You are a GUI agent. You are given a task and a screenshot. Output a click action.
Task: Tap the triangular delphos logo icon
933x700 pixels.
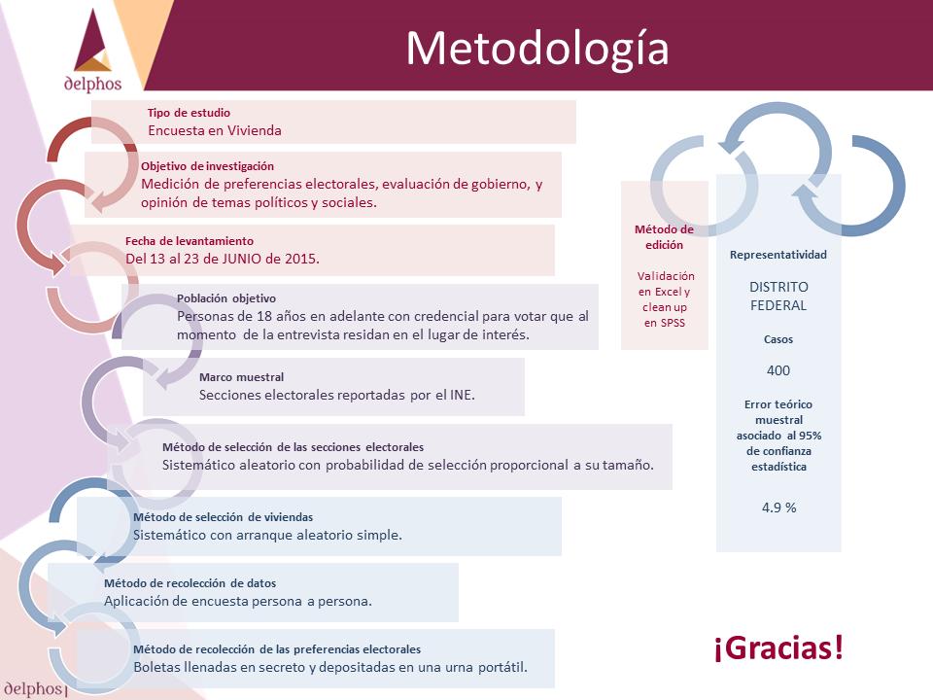[93, 41]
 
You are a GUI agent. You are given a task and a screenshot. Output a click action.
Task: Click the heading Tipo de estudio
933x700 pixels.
[189, 113]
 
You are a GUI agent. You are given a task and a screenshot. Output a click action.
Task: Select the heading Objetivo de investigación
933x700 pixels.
[207, 166]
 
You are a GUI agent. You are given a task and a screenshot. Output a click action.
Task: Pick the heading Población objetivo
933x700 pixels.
[226, 298]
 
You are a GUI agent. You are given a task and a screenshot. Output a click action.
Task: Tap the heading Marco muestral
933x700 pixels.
[241, 377]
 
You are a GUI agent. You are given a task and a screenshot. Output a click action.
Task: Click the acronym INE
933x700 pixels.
[462, 395]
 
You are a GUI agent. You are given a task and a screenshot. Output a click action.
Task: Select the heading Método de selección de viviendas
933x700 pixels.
[223, 517]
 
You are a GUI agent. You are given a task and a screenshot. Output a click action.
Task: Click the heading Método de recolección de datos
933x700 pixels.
[190, 583]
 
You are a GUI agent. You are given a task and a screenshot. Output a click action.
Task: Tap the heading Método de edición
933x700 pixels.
[664, 237]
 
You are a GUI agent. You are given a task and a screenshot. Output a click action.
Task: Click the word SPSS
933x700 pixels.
[673, 323]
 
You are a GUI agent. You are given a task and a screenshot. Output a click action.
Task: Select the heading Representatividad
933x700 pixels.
[778, 255]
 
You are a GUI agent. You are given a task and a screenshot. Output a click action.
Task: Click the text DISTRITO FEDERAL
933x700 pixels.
[778, 296]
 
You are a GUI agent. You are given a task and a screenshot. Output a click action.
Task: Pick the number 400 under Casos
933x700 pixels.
[778, 370]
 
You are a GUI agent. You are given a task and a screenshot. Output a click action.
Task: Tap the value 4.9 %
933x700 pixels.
[778, 507]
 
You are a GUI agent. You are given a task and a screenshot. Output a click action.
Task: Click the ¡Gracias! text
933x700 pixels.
[778, 647]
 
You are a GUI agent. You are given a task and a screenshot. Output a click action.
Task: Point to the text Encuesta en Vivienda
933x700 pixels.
[215, 130]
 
